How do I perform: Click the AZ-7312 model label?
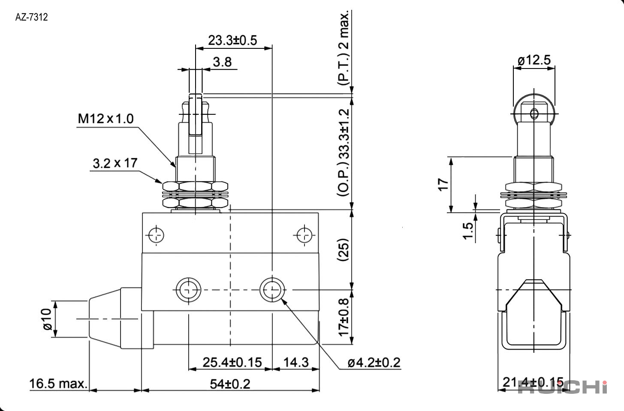(31, 17)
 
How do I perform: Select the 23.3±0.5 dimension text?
(232, 40)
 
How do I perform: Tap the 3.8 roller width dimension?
(222, 62)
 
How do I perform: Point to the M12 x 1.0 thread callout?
(106, 119)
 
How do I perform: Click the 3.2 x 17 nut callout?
(115, 163)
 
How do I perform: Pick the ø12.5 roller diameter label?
(534, 60)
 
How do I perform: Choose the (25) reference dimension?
(343, 250)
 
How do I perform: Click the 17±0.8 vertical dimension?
(344, 317)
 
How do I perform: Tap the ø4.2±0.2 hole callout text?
(374, 363)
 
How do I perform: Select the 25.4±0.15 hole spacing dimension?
(232, 362)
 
